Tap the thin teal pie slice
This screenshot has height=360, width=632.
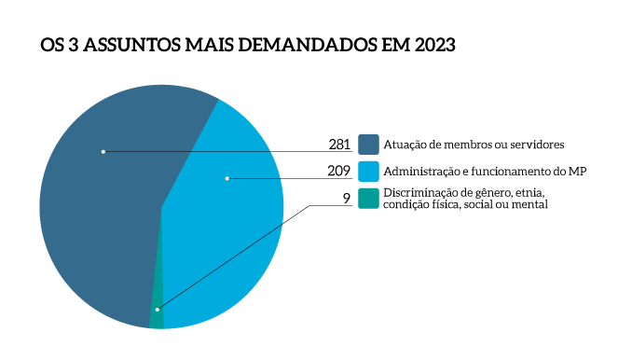pos(157,320)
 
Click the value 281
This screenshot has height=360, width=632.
pos(339,145)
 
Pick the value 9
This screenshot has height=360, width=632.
pos(346,198)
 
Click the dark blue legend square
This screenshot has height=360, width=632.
pos(369,145)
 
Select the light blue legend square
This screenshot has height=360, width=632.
pos(369,171)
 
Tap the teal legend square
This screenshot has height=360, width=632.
pos(369,198)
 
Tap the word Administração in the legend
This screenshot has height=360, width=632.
pos(422,172)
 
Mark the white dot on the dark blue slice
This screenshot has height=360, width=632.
pos(103,151)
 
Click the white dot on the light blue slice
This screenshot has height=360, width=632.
pos(227,178)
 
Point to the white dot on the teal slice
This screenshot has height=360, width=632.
pos(158,309)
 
